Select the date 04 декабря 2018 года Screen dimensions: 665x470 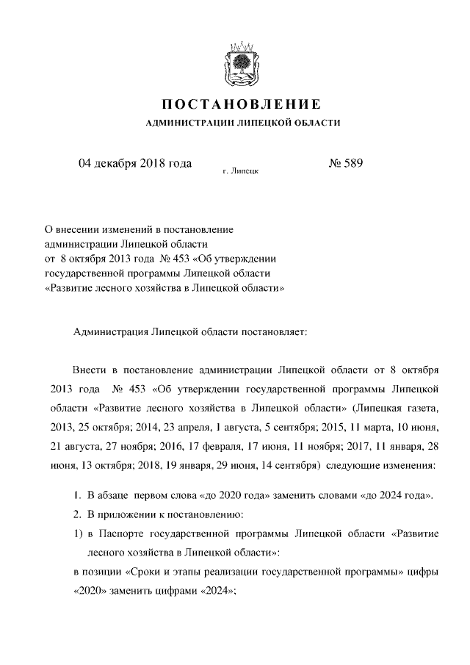click(x=135, y=163)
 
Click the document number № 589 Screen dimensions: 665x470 click(x=345, y=163)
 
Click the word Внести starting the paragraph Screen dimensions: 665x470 click(x=90, y=368)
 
